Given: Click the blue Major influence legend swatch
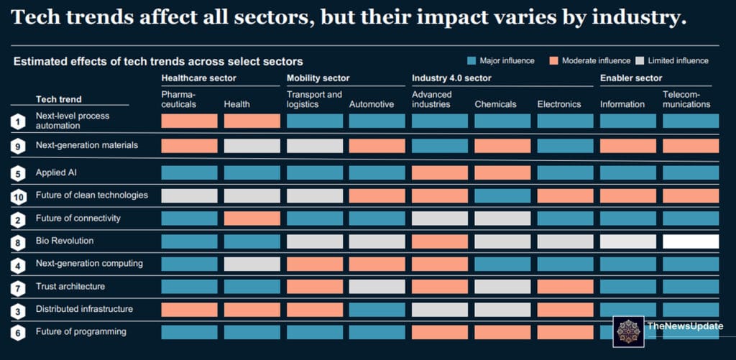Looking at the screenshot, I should tap(472, 61).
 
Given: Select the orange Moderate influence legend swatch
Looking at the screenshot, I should tap(553, 61).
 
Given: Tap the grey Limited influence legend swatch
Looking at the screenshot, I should tap(640, 61).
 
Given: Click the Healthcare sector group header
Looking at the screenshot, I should tap(198, 78).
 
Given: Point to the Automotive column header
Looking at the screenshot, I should tap(372, 104).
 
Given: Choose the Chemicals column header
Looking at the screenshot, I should tap(495, 104).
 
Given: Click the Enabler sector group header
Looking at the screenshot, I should tap(631, 78).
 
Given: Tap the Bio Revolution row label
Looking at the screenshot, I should tap(65, 241).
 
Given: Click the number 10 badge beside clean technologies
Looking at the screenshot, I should tap(18, 196).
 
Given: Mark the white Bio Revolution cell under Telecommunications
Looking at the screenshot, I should tap(690, 241).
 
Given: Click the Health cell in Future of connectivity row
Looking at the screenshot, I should tap(252, 218).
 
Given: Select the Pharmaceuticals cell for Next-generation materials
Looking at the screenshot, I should tap(189, 146).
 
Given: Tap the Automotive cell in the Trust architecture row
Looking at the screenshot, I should tap(377, 287).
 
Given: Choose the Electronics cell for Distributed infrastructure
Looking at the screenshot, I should tap(565, 310).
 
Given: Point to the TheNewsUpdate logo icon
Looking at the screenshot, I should tap(630, 331).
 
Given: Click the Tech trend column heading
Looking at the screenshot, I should tap(59, 99).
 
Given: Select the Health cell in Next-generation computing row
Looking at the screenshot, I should tap(252, 264).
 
